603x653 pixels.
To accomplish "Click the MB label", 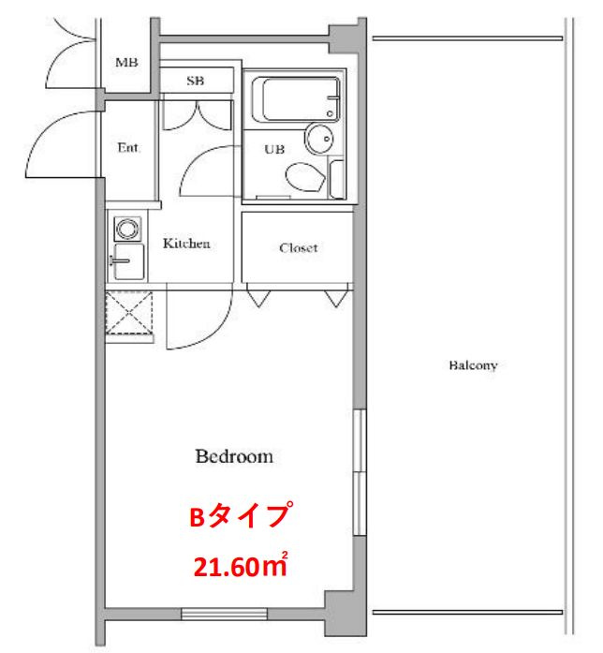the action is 126,63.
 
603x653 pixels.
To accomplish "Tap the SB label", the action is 195,81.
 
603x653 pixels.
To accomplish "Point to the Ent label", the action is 127,147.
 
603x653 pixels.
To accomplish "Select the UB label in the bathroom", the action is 274,149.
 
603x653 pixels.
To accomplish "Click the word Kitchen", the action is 186,244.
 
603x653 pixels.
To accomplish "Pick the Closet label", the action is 299,247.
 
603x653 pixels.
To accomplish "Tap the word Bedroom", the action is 234,456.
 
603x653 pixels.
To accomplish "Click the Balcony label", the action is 473,365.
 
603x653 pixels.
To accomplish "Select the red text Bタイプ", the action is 241,515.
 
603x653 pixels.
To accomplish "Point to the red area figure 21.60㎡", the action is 241,565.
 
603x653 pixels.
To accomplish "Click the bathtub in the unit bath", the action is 296,99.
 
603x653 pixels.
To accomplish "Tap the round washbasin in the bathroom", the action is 319,139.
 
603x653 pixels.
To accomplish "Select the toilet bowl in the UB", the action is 305,177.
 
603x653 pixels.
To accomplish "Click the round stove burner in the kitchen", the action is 127,229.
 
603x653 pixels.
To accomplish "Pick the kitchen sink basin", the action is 128,261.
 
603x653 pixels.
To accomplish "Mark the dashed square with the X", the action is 129,313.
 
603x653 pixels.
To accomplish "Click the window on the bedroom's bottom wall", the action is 225,614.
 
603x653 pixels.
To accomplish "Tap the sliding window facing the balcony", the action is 360,472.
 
